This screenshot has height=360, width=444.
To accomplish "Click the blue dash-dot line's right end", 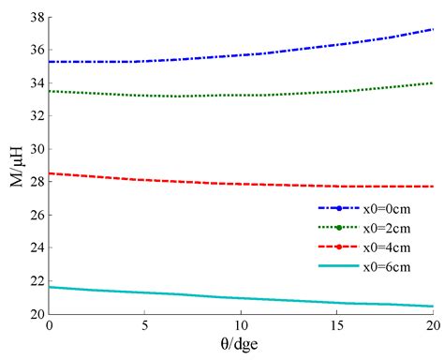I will [432, 29].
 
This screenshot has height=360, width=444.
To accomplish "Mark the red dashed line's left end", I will [49, 172].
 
